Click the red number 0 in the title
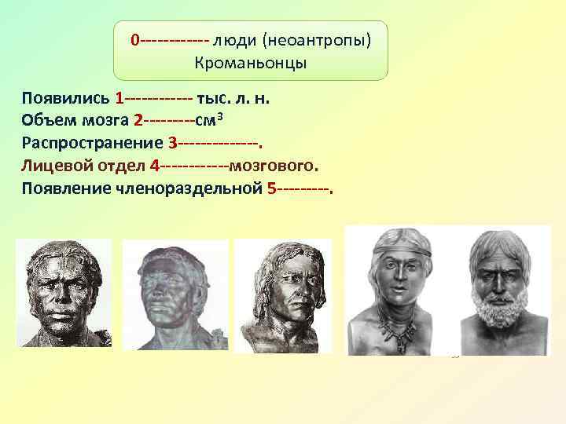pos(135,39)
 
